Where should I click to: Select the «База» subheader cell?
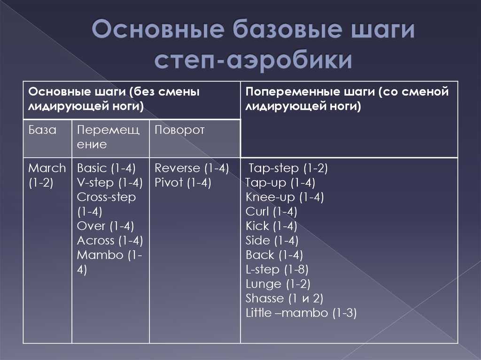pyautogui.click(x=47, y=138)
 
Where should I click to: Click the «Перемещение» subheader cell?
pyautogui.click(x=110, y=138)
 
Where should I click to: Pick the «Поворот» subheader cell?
pyautogui.click(x=195, y=138)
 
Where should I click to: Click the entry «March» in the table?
pyautogui.click(x=47, y=168)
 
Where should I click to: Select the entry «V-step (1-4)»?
pyautogui.click(x=110, y=183)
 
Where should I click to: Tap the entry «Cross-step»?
pyautogui.click(x=106, y=197)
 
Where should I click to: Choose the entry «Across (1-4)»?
pyautogui.click(x=110, y=241)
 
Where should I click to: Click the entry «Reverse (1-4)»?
pyautogui.click(x=192, y=168)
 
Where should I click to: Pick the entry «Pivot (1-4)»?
pyautogui.click(x=183, y=183)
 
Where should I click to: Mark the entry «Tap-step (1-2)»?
pyautogui.click(x=288, y=168)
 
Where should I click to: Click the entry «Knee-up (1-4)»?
pyautogui.click(x=285, y=197)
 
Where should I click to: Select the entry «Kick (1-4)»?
pyautogui.click(x=271, y=226)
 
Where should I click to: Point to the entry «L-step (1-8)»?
pyautogui.click(x=277, y=270)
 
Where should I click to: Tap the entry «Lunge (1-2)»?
pyautogui.click(x=278, y=284)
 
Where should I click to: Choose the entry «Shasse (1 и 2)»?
pyautogui.click(x=284, y=299)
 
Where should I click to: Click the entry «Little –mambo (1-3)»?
pyautogui.click(x=301, y=313)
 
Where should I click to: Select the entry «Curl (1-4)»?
pyautogui.click(x=271, y=212)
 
